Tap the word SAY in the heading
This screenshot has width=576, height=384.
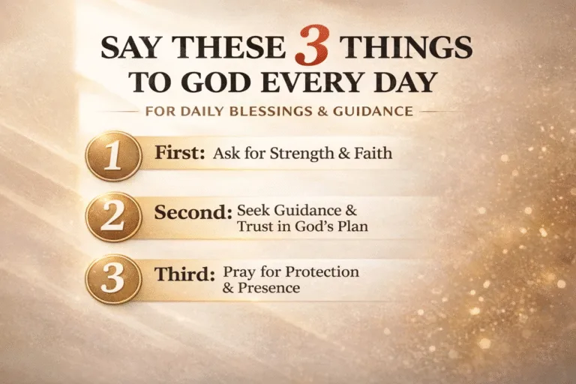pos(129,49)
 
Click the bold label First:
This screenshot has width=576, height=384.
pos(180,153)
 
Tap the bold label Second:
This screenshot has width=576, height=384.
pos(193,212)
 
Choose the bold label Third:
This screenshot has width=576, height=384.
pos(186,274)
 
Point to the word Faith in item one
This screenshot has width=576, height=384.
pos(372,154)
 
